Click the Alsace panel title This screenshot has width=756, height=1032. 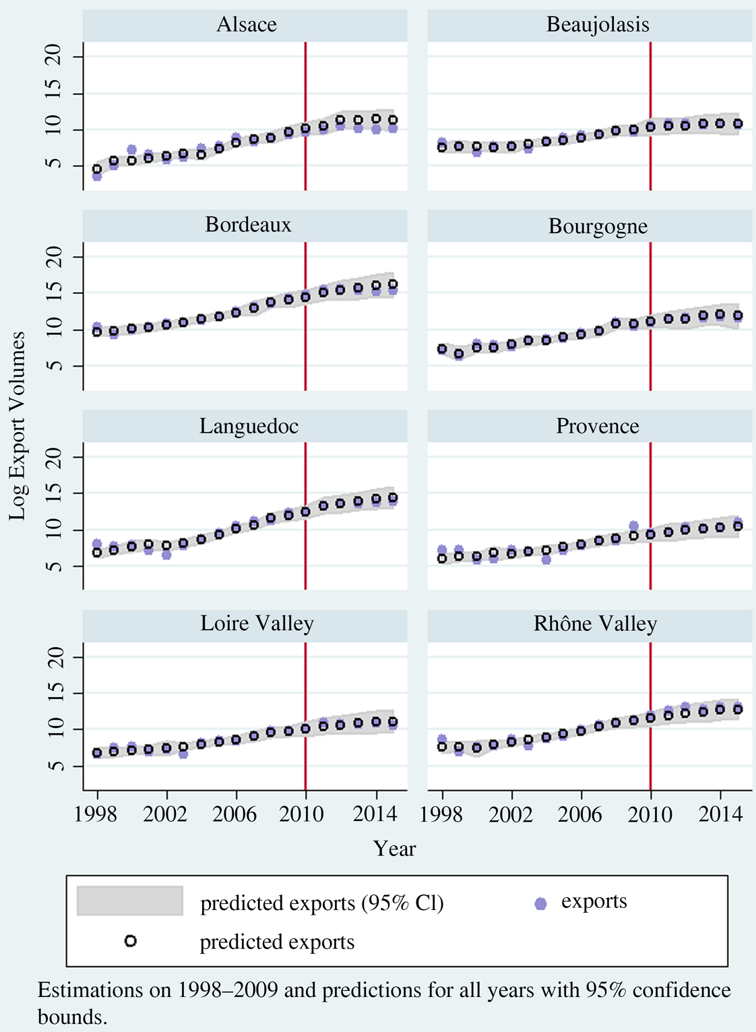tap(246, 25)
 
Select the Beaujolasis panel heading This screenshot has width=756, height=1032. tap(598, 25)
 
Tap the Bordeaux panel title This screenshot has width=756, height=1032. tap(248, 224)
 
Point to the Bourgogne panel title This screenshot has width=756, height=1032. tap(598, 226)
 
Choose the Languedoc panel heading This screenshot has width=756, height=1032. tap(249, 426)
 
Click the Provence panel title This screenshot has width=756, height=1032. tap(597, 426)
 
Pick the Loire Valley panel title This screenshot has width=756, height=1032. tap(257, 624)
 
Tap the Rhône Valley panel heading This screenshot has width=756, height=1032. tap(595, 624)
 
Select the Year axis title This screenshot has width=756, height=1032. tap(394, 848)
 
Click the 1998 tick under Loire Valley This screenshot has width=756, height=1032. tap(97, 814)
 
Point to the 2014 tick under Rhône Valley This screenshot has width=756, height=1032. tap(721, 814)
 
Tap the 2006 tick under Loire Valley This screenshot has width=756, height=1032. tap(235, 814)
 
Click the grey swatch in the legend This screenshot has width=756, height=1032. tap(130, 901)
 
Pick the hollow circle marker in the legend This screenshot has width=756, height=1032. tap(131, 941)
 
